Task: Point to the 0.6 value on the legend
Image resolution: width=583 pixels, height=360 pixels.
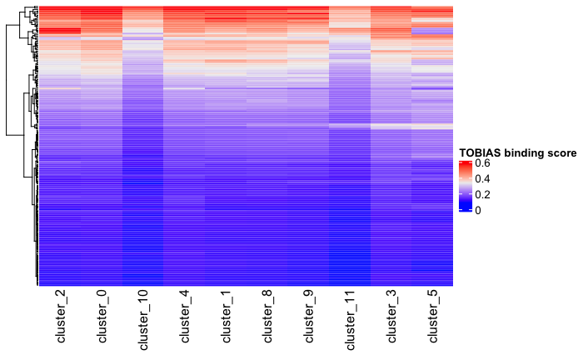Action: tap(482, 163)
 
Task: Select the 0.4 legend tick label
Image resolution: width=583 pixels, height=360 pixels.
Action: tap(482, 179)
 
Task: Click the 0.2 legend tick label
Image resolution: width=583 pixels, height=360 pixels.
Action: tap(482, 195)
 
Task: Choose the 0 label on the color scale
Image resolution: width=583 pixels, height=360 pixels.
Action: tap(478, 210)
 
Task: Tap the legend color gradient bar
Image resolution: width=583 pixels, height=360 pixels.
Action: tap(465, 187)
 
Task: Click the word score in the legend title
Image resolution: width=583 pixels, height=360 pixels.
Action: tap(563, 153)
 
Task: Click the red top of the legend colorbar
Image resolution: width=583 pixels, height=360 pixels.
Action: tap(465, 164)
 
